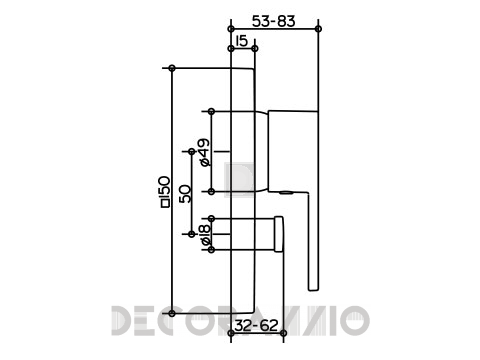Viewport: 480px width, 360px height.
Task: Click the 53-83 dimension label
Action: click(x=273, y=21)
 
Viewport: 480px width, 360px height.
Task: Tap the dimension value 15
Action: click(x=242, y=41)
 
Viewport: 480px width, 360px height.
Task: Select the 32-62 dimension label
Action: click(x=256, y=325)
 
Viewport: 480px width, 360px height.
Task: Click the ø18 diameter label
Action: click(x=206, y=235)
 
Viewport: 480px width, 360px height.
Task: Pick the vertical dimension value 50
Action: click(x=184, y=194)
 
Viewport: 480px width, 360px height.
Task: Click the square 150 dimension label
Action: click(x=165, y=192)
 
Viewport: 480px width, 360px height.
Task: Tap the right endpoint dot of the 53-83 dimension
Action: click(x=318, y=29)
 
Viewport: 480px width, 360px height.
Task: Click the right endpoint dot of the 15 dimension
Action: click(x=255, y=49)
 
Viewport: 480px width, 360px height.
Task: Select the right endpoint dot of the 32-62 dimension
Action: click(x=283, y=333)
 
